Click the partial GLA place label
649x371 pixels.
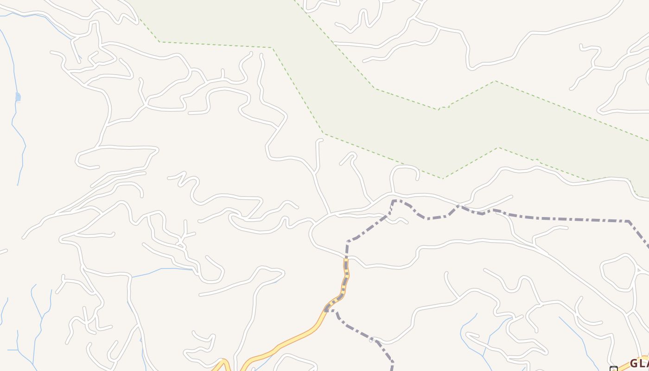point(639,363)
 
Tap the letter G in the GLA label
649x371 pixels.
point(634,363)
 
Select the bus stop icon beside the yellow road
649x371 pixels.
point(613,369)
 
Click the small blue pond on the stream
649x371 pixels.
point(18,96)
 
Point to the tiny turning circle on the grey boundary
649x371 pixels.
point(371,340)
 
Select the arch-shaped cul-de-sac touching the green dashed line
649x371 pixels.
point(405,168)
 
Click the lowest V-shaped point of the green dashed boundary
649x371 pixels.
point(442,178)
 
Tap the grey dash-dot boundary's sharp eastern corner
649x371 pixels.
point(629,221)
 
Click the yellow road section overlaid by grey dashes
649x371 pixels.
point(346,274)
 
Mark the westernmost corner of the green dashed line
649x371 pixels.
point(159,42)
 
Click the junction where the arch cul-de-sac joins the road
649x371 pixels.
point(392,192)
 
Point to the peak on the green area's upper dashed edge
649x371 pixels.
point(496,81)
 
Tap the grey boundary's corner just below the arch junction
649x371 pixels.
point(394,201)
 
